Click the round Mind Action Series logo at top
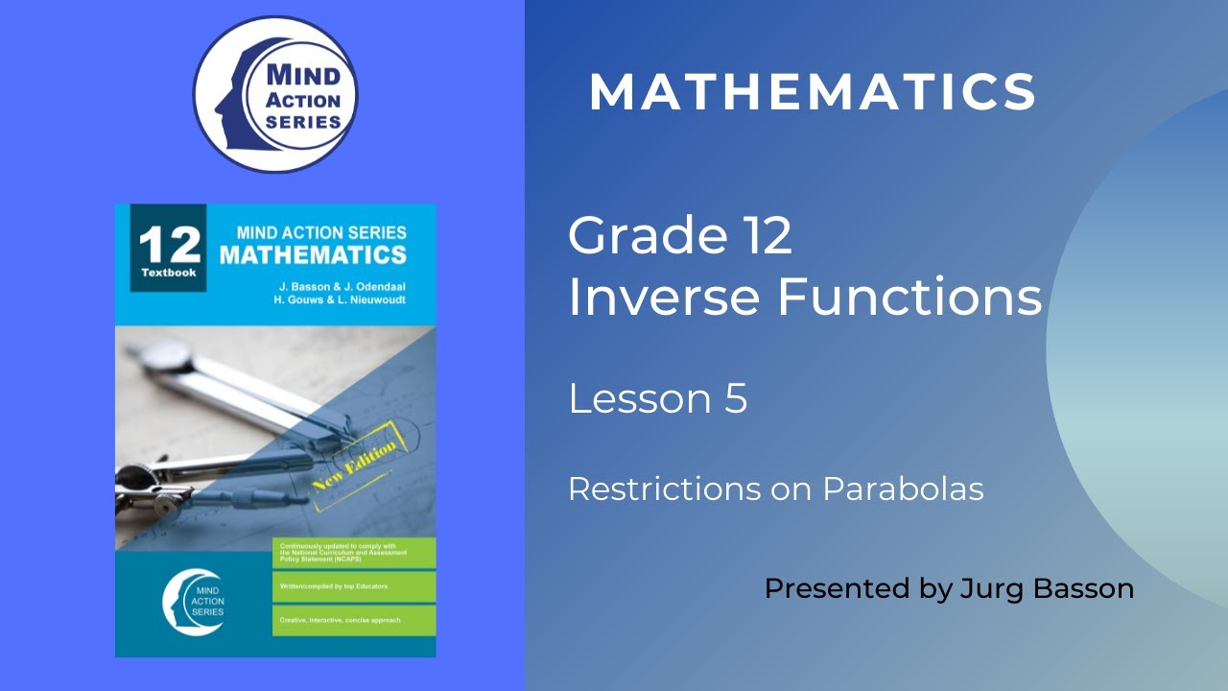click(x=274, y=95)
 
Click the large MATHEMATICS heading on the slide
click(x=813, y=92)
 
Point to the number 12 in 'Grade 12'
click(x=765, y=235)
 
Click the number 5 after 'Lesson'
click(x=736, y=398)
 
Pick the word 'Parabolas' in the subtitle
click(x=903, y=489)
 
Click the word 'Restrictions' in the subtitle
click(x=663, y=489)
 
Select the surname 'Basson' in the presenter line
click(x=1080, y=588)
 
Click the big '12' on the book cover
click(x=169, y=246)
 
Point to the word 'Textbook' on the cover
click(x=169, y=273)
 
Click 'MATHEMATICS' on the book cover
click(x=313, y=255)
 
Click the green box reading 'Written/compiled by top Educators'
click(x=353, y=586)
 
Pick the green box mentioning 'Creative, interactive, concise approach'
click(x=353, y=620)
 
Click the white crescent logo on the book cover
click(x=194, y=602)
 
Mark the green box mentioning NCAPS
click(x=353, y=553)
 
